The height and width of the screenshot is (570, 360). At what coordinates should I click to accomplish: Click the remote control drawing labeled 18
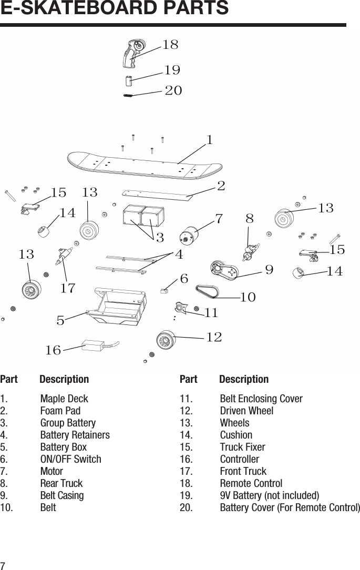(x=132, y=54)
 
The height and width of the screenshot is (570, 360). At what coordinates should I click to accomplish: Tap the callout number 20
(x=173, y=90)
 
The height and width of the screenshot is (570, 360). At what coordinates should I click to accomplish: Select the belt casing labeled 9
(x=223, y=270)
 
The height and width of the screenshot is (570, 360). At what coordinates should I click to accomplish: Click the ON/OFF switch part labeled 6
(x=164, y=290)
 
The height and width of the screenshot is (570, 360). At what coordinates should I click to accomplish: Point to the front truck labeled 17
(x=62, y=254)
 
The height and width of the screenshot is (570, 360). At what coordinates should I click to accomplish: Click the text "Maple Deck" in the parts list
(x=64, y=399)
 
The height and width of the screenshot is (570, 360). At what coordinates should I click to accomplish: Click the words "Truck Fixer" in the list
(x=242, y=447)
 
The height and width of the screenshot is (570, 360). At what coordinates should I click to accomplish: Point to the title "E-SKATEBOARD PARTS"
(x=115, y=9)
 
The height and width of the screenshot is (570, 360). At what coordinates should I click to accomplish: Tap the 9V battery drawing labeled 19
(x=128, y=81)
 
